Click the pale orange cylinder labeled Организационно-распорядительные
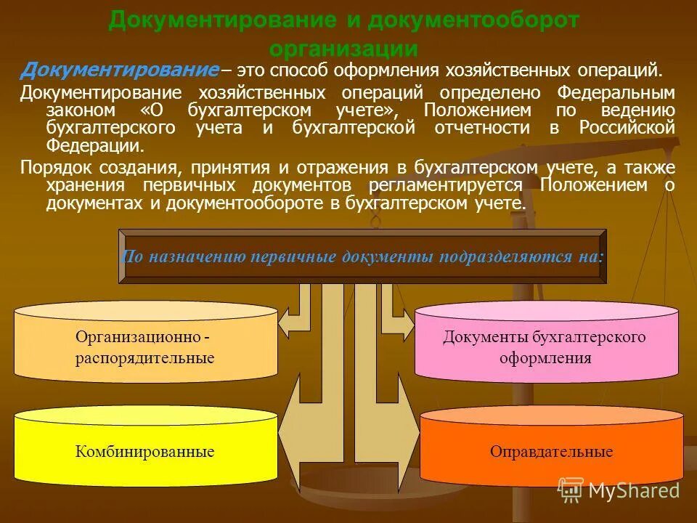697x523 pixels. click(145, 346)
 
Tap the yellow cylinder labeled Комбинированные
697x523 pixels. click(145, 450)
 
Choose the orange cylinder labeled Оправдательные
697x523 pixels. click(552, 450)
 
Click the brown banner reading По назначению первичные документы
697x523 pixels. click(362, 256)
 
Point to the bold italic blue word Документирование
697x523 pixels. click(120, 70)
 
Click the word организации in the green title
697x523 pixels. click(343, 49)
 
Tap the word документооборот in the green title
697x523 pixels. click(473, 20)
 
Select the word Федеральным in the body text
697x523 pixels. click(616, 94)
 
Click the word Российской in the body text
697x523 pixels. click(629, 128)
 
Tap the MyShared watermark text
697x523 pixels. click(633, 490)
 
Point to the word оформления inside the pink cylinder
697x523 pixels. click(545, 358)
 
